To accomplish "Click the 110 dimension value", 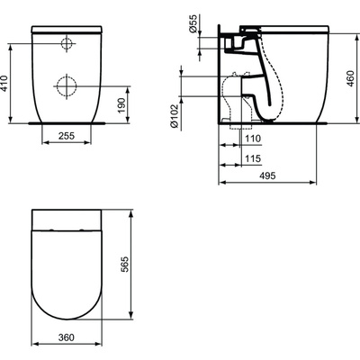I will [255, 139].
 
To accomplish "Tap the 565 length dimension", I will [139, 267].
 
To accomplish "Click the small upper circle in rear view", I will [67, 44].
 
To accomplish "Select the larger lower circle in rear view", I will [67, 85].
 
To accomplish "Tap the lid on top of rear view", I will [68, 30].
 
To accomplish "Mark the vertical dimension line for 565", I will [131, 270].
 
